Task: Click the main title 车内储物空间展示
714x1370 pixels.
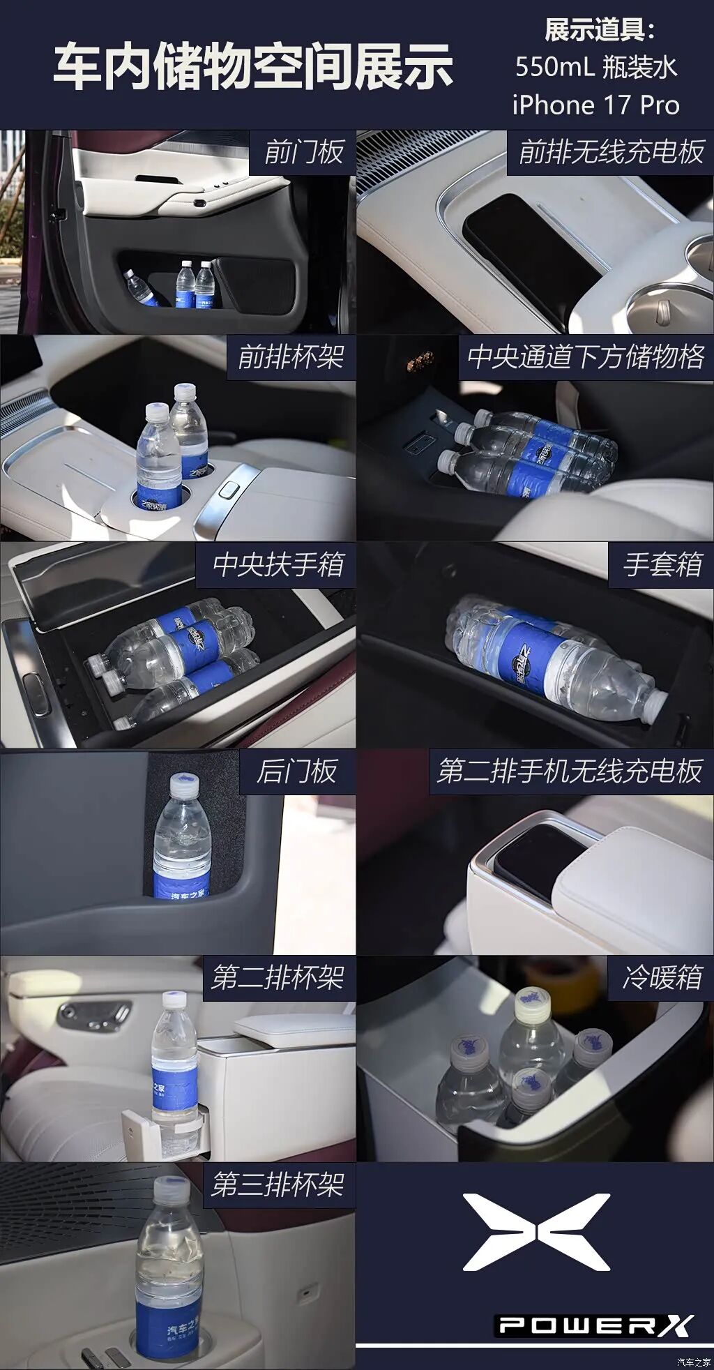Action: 254,66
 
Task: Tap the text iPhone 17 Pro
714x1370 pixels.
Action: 595,105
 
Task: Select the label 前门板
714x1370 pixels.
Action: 304,152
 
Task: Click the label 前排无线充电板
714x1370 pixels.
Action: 611,152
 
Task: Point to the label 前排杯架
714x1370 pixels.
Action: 291,357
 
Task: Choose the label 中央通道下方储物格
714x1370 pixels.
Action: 586,357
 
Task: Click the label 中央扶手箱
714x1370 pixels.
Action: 278,564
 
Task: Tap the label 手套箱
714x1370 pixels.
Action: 662,564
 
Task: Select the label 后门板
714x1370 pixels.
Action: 297,771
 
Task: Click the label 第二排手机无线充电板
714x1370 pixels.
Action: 570,771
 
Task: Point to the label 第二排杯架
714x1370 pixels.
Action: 278,977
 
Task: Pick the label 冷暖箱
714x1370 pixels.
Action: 662,977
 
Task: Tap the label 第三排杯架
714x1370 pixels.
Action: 278,1184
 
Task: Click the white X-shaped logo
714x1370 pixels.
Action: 536,1232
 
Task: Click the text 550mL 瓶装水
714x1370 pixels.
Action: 596,68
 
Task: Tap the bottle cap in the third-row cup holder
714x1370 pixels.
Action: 169,1188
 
